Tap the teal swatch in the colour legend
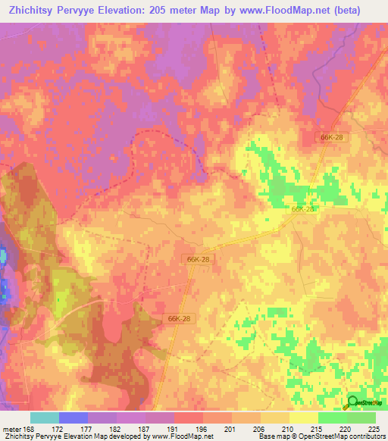coord(45,418)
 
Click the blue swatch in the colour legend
coord(74,418)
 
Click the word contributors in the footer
coord(369,436)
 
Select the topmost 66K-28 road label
coord(331,136)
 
